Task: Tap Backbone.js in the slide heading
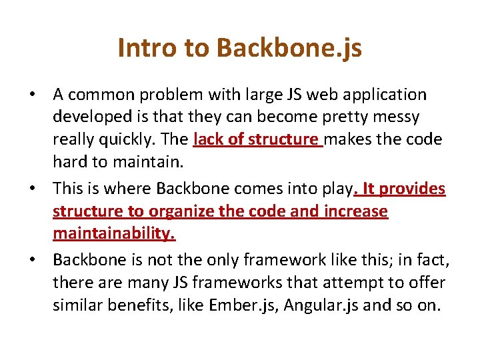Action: (289, 48)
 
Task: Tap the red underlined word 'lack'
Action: (208, 139)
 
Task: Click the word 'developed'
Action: (91, 117)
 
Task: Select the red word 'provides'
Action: (413, 189)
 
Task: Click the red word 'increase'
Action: (355, 211)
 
